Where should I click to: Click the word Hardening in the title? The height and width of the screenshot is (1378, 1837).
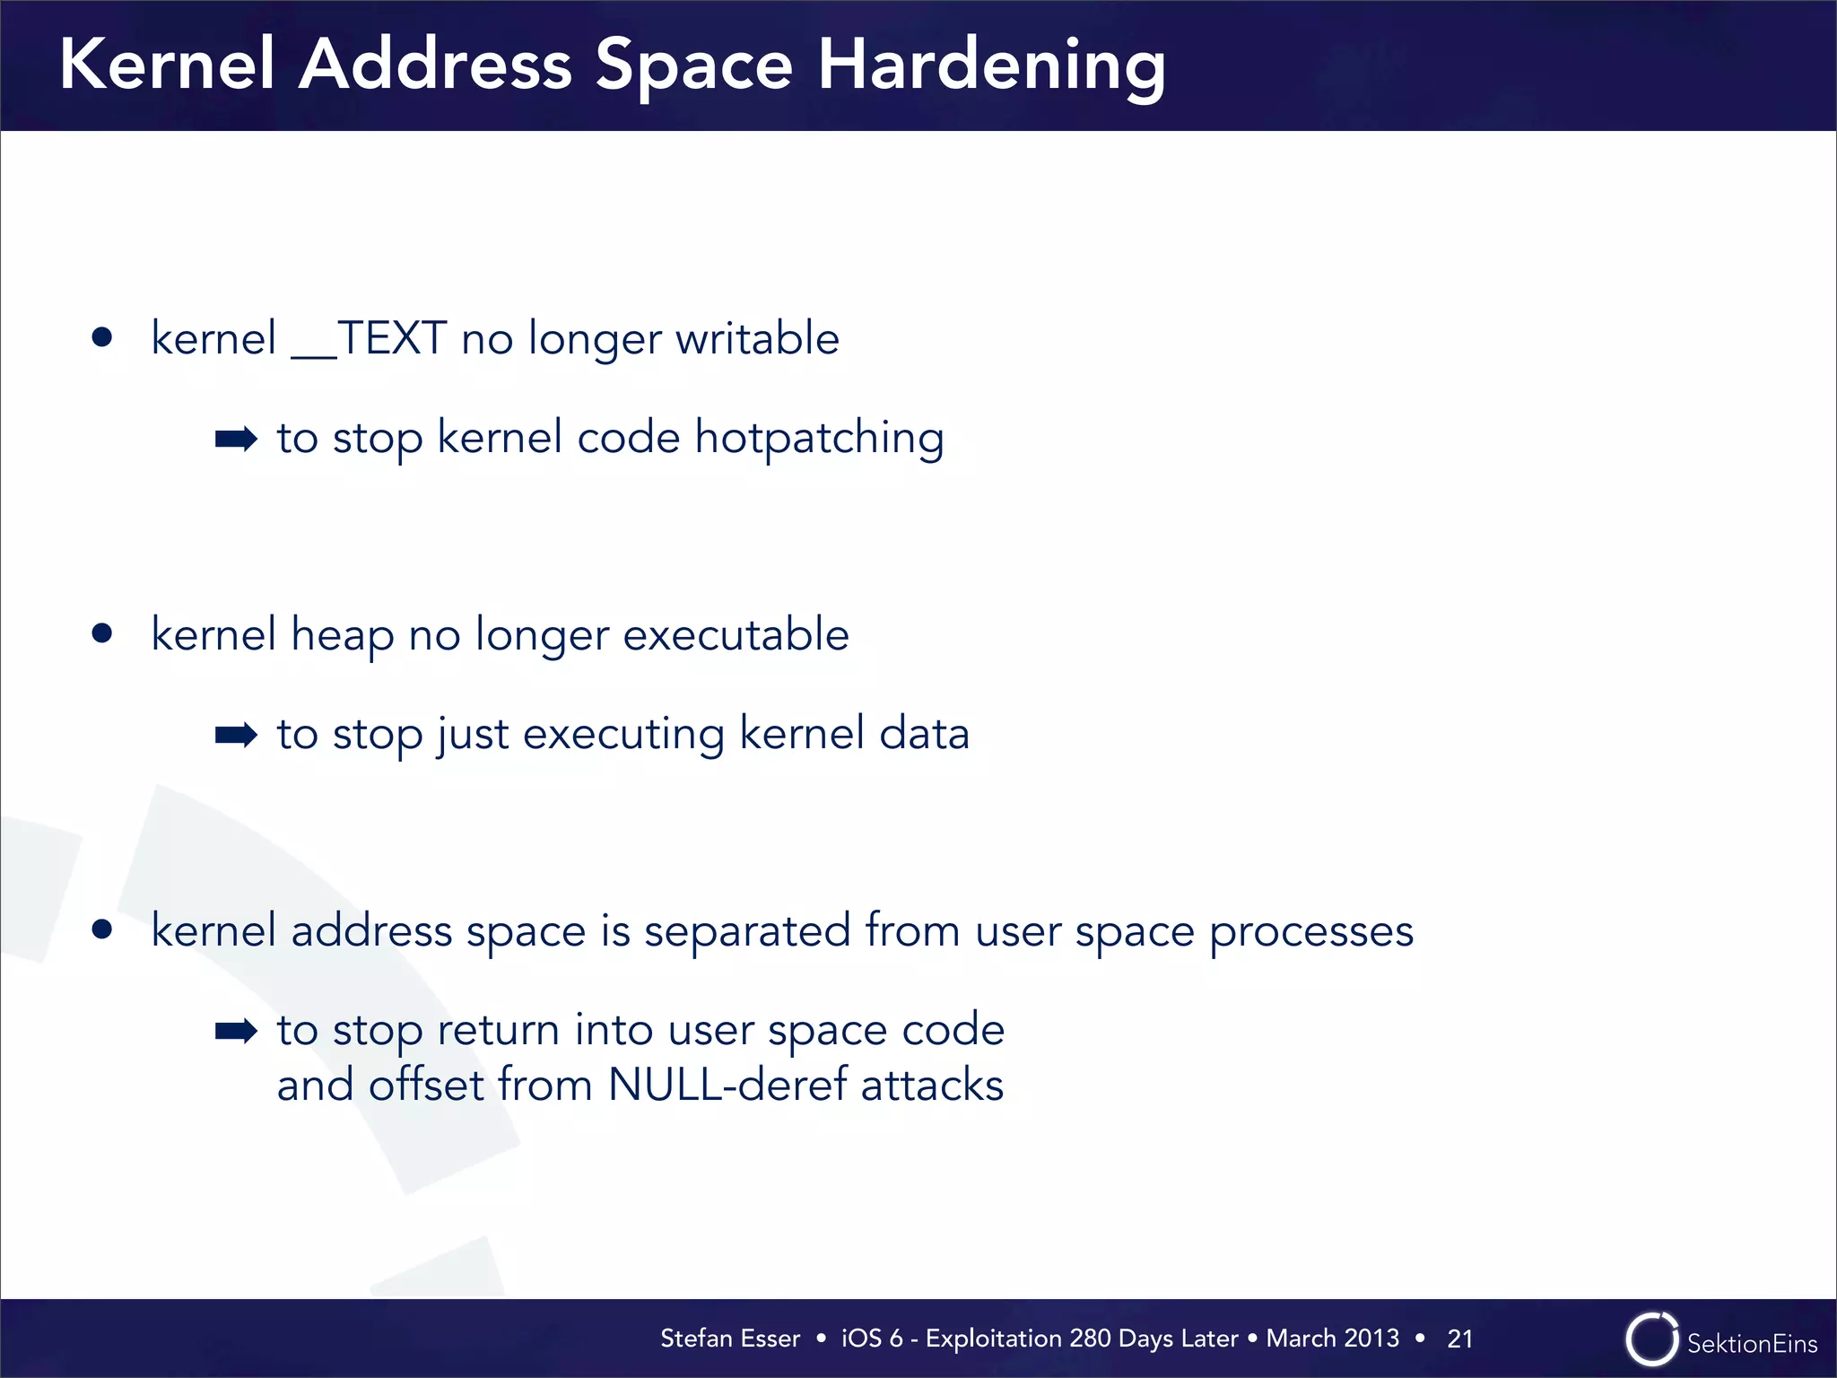[990, 67]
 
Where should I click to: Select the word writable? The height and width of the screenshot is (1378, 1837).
[757, 339]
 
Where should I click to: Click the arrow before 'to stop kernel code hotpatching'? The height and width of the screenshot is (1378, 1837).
[236, 440]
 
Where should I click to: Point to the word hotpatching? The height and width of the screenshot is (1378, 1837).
[819, 440]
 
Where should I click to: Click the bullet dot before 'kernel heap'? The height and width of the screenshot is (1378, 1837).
[102, 634]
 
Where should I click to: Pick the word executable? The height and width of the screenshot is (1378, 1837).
[736, 635]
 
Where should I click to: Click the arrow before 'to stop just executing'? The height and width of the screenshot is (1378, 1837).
[236, 736]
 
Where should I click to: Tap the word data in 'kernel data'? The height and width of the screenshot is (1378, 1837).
[924, 734]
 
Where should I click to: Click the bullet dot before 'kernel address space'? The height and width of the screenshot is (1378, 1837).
[102, 929]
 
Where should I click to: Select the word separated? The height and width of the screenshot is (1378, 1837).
[747, 931]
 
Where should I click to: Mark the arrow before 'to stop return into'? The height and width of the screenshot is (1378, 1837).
[236, 1032]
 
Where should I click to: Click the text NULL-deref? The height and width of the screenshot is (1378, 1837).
[727, 1086]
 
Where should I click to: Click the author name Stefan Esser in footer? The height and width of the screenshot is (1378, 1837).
[729, 1339]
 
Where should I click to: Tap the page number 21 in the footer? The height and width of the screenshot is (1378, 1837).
[1459, 1339]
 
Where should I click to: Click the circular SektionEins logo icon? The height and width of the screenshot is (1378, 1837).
[1650, 1339]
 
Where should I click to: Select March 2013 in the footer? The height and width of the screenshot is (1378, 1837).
[1332, 1339]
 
